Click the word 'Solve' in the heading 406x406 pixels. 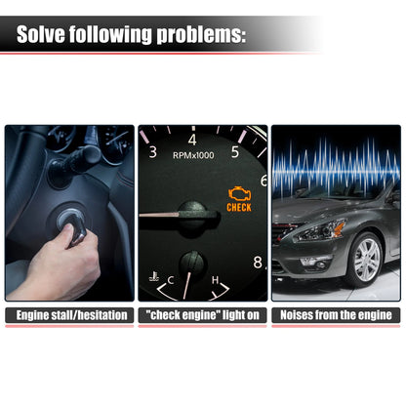click(x=40, y=34)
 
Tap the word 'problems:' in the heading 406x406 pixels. click(x=201, y=35)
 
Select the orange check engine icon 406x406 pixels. click(x=239, y=193)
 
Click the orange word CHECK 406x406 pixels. click(x=239, y=208)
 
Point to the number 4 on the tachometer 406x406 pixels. click(x=192, y=140)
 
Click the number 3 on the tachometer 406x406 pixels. click(x=153, y=152)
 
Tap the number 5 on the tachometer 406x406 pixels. click(x=235, y=152)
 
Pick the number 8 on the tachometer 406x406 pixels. click(x=258, y=262)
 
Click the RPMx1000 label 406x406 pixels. click(x=193, y=155)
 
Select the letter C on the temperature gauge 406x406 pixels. click(x=171, y=280)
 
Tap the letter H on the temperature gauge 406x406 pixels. click(x=215, y=280)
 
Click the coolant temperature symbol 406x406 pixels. click(x=154, y=276)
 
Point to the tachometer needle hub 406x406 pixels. click(x=192, y=215)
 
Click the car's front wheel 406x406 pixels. click(x=366, y=260)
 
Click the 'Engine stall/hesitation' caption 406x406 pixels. click(x=71, y=315)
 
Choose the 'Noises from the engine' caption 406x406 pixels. click(x=336, y=315)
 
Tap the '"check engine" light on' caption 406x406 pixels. click(x=202, y=315)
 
